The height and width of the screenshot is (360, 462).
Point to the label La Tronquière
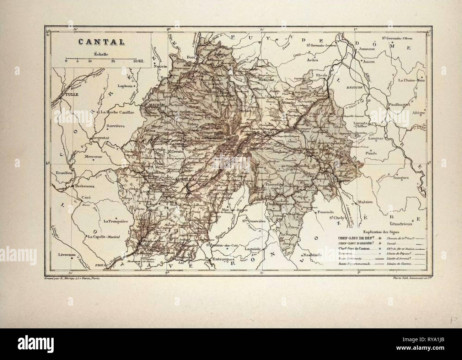point(115,221)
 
